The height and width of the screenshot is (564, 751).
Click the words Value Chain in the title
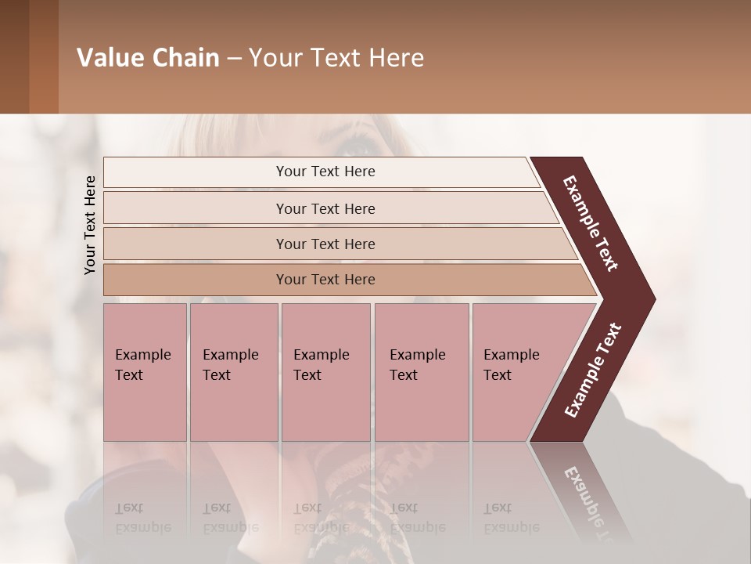click(148, 58)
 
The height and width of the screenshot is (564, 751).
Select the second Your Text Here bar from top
click(325, 208)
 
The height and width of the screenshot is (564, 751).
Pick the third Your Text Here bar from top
click(325, 244)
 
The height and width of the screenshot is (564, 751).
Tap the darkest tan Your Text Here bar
click(325, 280)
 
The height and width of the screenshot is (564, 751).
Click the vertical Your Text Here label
click(90, 225)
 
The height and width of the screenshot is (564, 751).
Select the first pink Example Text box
click(145, 371)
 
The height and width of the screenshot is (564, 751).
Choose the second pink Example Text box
click(233, 371)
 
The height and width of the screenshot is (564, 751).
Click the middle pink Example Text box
click(325, 371)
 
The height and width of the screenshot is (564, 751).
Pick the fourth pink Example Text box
click(421, 371)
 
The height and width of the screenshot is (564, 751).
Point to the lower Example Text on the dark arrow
click(593, 370)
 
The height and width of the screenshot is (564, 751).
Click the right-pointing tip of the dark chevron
click(649, 299)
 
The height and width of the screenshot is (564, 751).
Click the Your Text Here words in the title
click(336, 58)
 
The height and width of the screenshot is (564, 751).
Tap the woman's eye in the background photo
click(359, 144)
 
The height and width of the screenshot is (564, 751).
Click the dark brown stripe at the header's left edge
click(14, 56)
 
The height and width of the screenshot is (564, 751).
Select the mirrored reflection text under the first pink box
click(142, 517)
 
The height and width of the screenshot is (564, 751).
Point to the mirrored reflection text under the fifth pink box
click(511, 517)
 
